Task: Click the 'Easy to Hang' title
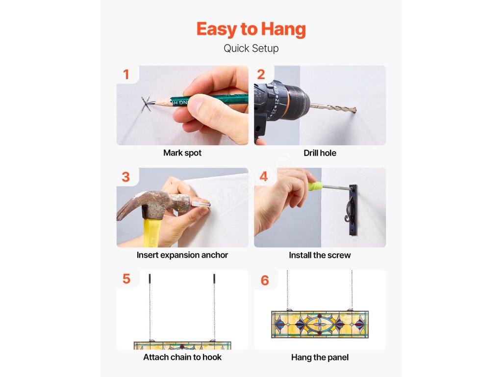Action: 251,29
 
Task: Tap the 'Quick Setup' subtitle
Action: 251,49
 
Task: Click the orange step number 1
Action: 126,75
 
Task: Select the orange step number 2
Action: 261,75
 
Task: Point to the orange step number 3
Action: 126,177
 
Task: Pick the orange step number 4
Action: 264,176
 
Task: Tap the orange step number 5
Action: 126,279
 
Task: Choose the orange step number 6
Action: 265,280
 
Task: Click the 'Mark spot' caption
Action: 182,153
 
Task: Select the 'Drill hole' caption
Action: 320,153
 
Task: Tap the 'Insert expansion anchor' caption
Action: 182,255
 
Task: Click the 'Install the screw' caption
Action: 320,255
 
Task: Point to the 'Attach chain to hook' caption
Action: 182,357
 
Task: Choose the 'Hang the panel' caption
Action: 320,357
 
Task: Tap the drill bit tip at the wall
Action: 355,110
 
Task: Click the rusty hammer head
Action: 153,202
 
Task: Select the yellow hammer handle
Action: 152,233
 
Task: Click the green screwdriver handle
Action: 315,186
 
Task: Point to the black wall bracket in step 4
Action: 352,210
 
